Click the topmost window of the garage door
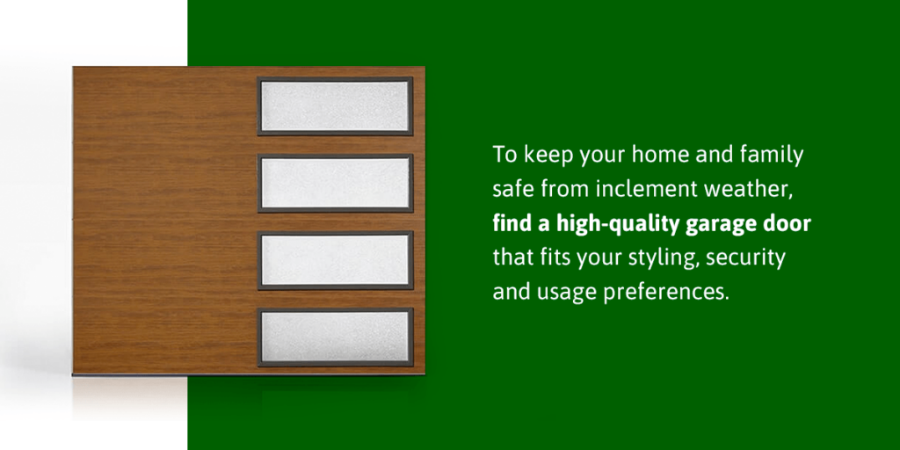335,106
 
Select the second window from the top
335,183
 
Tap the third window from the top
335,260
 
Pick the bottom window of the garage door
335,337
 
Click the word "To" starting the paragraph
504,156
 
